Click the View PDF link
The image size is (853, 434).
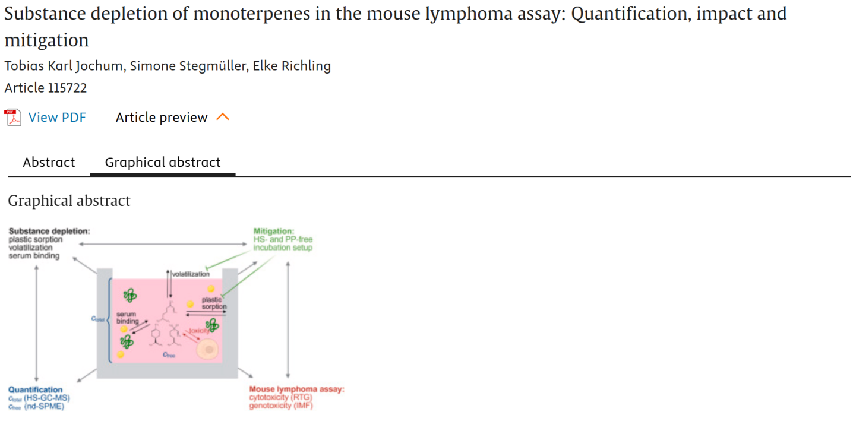tap(57, 118)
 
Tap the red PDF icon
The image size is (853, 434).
tap(13, 118)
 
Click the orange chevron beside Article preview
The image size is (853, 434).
tap(223, 118)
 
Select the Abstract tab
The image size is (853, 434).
tap(49, 163)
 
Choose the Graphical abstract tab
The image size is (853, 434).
tap(162, 163)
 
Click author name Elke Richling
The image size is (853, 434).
tap(292, 66)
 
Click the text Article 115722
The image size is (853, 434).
tap(46, 88)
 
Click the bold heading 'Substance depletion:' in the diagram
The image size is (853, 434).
tap(49, 231)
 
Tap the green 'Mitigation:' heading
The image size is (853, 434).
tap(274, 231)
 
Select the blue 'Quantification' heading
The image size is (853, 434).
tap(35, 390)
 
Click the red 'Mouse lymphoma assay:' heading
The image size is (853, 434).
tap(296, 390)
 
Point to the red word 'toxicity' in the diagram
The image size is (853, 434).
tap(199, 331)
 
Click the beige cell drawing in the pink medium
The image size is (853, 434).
tap(208, 350)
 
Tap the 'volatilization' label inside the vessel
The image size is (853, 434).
tap(191, 274)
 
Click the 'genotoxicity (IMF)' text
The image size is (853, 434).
tap(280, 406)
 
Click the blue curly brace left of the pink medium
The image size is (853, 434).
tap(109, 319)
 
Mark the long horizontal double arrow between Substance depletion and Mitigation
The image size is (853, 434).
tap(162, 243)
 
